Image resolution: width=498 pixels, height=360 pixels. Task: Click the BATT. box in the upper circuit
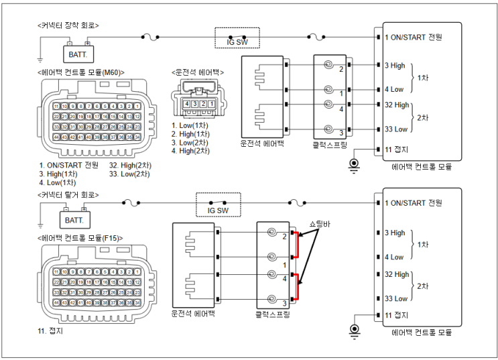tap(79, 52)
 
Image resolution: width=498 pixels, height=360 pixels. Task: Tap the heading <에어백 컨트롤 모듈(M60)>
tap(81, 72)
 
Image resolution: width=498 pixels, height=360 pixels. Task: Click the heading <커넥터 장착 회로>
tap(68, 25)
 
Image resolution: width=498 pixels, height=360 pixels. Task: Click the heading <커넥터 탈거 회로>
tap(68, 194)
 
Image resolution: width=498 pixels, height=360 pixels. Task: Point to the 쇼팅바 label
tap(320, 223)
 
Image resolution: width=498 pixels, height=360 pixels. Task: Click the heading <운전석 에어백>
tap(198, 72)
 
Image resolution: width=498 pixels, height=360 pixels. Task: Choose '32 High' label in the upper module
tap(397, 105)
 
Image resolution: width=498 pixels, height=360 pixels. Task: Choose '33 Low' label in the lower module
tap(395, 298)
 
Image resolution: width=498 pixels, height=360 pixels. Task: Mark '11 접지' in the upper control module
tap(396, 149)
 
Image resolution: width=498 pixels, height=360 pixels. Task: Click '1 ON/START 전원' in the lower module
tap(414, 202)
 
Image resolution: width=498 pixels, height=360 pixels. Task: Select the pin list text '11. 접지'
tap(52, 331)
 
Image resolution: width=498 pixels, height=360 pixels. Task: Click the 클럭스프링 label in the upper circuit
tap(333, 144)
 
